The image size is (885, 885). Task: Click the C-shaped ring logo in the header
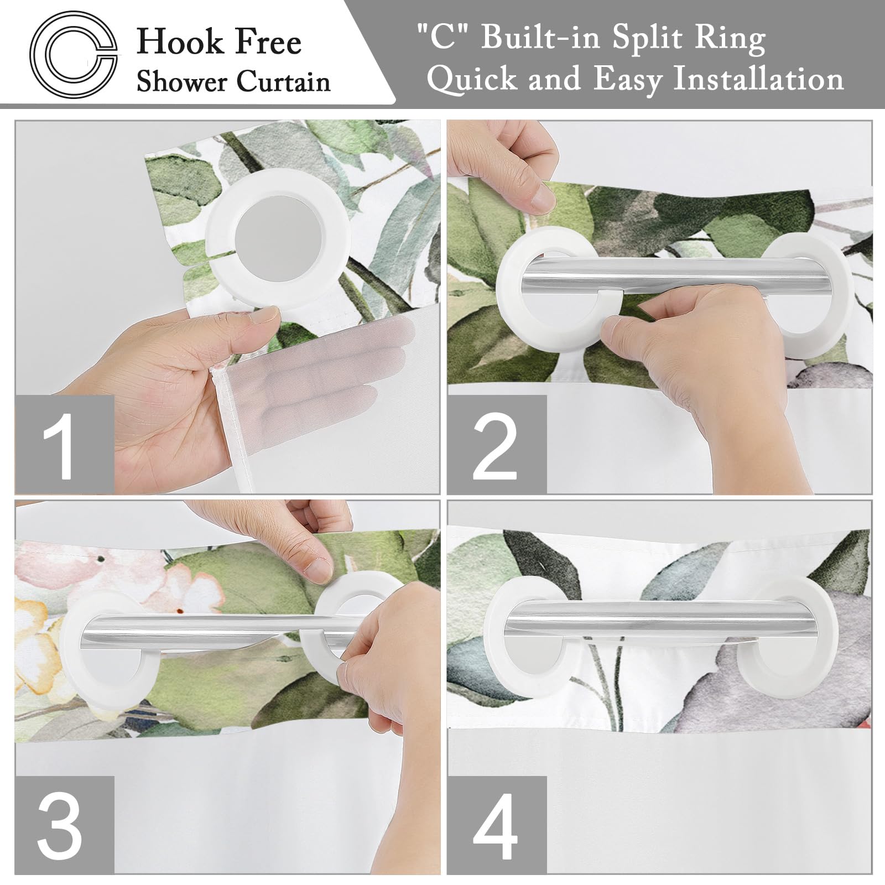74,54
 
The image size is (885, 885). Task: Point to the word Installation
758,79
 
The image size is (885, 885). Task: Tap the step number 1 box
64,445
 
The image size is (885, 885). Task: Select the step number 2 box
496,445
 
